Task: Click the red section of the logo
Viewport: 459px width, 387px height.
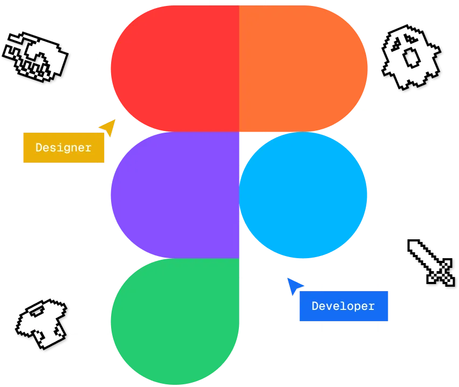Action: [175, 68]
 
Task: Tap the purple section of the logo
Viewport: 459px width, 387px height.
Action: [175, 195]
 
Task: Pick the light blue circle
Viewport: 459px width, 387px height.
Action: [303, 195]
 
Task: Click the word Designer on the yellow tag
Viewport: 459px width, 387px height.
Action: [64, 148]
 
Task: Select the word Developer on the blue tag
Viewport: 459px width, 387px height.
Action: [343, 306]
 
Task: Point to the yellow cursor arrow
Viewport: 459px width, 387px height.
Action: [109, 127]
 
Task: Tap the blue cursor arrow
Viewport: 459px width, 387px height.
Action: [294, 286]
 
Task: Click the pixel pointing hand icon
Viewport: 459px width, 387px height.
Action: [35, 57]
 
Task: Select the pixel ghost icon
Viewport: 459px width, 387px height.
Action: [411, 57]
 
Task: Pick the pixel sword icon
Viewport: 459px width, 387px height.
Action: [431, 262]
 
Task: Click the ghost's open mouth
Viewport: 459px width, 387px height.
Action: [412, 57]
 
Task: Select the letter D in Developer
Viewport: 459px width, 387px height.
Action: [315, 306]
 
